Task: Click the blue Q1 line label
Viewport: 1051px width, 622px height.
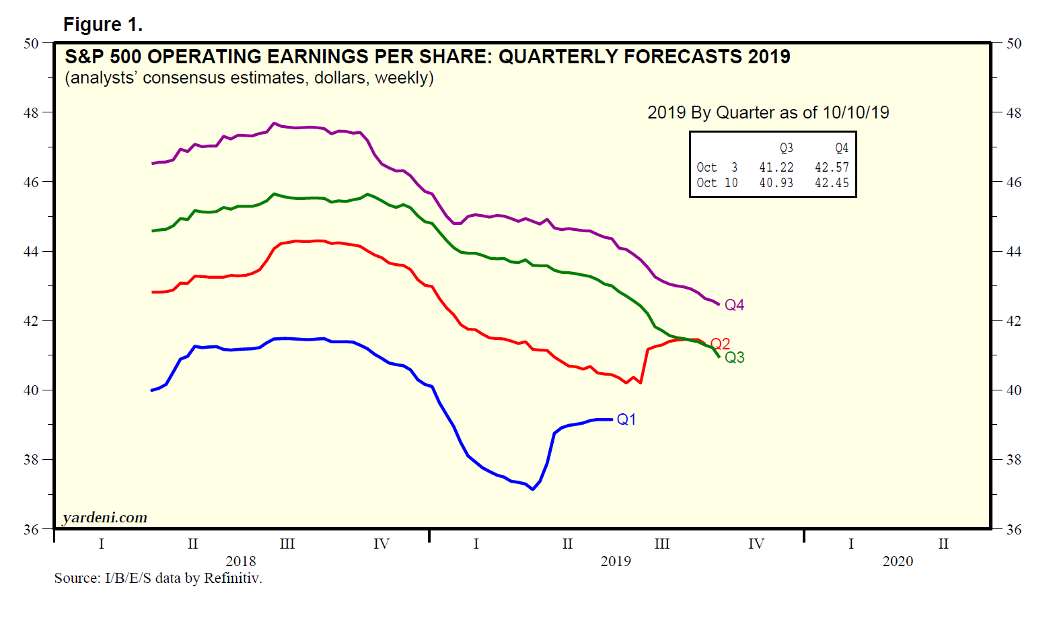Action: click(626, 419)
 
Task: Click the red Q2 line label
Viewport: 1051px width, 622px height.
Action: click(720, 344)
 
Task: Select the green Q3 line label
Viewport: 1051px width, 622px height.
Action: click(734, 357)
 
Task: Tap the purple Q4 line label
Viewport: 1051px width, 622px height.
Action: click(734, 305)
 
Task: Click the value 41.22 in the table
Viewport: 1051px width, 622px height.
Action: click(776, 167)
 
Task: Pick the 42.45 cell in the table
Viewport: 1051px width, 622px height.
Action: click(832, 182)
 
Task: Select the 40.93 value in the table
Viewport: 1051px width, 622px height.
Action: click(776, 182)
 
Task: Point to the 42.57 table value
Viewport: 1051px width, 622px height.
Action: click(832, 167)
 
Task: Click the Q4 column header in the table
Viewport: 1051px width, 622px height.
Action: click(841, 148)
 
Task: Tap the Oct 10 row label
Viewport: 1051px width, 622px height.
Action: click(717, 182)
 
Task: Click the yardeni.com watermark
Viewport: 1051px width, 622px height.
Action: click(104, 518)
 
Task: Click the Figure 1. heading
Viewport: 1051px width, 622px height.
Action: click(102, 25)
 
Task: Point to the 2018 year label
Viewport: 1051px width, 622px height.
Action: click(240, 561)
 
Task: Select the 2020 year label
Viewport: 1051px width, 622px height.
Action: click(898, 561)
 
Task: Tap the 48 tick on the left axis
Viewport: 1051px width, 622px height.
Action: click(31, 112)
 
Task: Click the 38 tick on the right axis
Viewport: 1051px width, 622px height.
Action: click(1013, 460)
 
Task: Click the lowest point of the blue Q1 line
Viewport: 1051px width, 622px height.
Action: click(532, 489)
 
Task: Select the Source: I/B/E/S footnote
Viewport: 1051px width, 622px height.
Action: click(158, 578)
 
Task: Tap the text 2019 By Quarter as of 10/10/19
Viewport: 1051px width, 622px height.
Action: click(768, 112)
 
